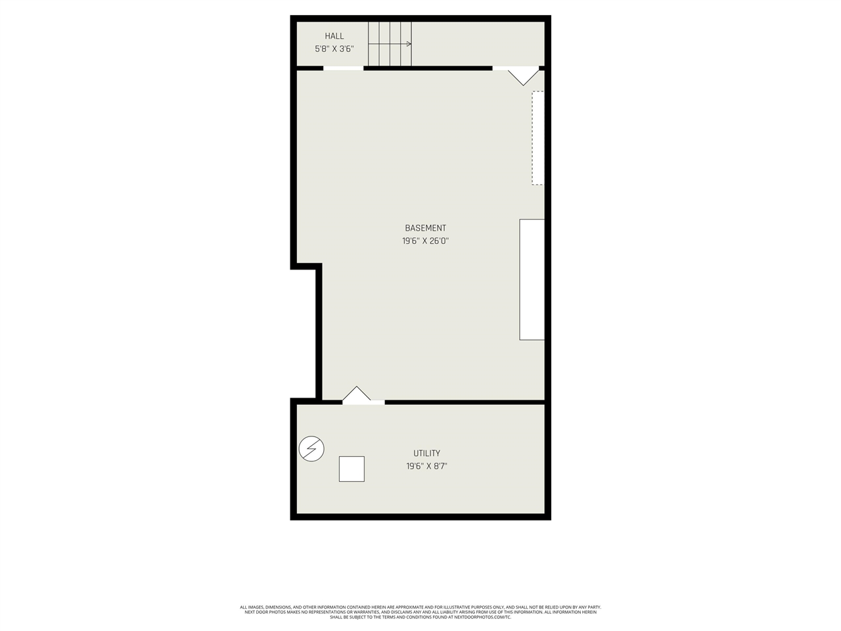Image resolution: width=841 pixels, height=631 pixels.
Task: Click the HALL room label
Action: [334, 36]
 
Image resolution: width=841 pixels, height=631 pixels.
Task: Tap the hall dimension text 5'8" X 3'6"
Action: [334, 49]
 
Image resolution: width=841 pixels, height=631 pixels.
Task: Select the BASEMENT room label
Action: [425, 228]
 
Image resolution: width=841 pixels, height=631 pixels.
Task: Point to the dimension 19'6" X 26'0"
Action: [425, 241]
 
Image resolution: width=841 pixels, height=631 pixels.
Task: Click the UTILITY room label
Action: [426, 454]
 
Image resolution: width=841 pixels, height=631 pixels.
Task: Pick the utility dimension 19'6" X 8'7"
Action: [426, 467]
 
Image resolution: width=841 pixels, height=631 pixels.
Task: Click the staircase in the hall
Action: [390, 44]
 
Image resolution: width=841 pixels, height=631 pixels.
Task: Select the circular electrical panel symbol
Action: [311, 449]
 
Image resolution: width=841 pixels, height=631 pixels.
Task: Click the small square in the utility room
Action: [352, 469]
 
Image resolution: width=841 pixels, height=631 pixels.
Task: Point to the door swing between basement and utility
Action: [357, 395]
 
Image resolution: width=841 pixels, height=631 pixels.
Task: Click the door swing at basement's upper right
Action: [523, 75]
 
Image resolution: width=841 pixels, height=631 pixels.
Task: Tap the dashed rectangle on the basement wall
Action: [537, 138]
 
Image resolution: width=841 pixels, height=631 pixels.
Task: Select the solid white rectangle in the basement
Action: [532, 279]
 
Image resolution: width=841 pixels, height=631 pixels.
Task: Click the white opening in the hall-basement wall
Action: [343, 68]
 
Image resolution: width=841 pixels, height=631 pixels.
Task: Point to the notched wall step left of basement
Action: [307, 266]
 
